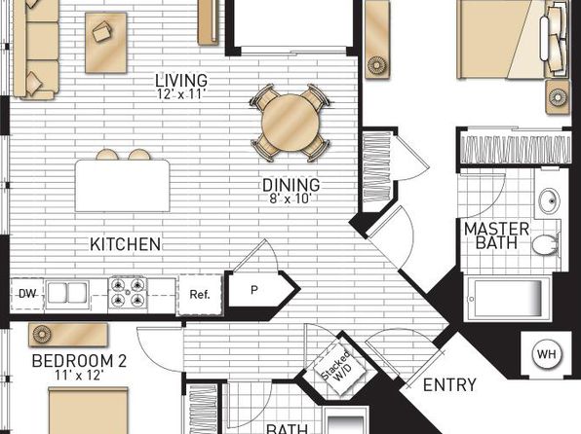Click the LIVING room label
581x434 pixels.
[181, 81]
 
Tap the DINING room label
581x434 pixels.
[290, 185]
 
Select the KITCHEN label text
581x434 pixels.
[125, 244]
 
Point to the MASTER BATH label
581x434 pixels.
[496, 235]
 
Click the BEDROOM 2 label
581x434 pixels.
[79, 361]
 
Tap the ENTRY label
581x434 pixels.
[449, 385]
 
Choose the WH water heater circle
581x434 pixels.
[547, 354]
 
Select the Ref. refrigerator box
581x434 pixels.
[201, 295]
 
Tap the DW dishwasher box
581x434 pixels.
[27, 294]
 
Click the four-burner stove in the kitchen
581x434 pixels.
[128, 293]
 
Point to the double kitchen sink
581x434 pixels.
[67, 294]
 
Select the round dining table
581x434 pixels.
[290, 123]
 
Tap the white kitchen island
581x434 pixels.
[122, 186]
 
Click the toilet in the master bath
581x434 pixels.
[546, 243]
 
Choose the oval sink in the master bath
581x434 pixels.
[549, 200]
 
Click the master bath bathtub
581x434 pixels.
[508, 298]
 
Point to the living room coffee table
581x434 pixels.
[106, 43]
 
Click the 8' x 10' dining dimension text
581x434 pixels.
[290, 199]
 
